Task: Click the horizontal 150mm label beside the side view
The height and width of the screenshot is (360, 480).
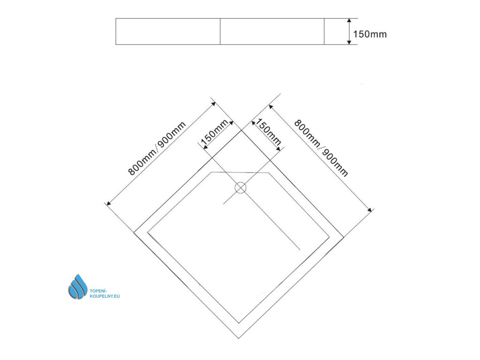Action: click(370, 34)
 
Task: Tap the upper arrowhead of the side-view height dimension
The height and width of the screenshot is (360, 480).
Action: click(349, 21)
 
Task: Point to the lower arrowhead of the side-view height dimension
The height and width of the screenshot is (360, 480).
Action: click(349, 42)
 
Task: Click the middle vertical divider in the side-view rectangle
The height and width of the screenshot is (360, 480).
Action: click(220, 31)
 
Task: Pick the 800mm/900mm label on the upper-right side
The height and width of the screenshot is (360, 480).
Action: click(321, 147)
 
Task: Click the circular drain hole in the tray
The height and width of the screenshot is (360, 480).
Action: click(240, 188)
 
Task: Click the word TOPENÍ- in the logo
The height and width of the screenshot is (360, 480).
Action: click(98, 292)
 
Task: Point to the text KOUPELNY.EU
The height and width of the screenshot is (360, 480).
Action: click(105, 297)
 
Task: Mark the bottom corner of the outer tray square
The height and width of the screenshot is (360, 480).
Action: click(240, 338)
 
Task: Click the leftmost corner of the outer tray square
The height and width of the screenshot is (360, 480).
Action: click(135, 232)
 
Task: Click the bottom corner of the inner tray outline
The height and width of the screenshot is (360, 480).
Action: click(239, 323)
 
